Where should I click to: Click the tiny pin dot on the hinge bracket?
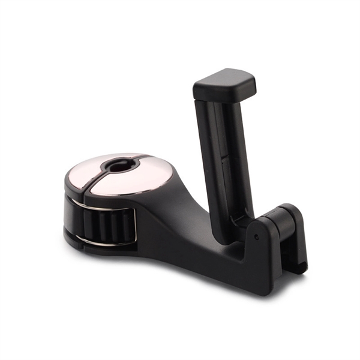256,237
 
